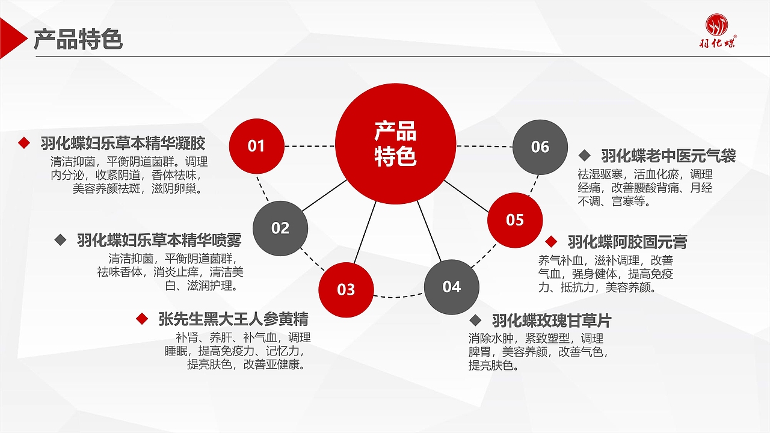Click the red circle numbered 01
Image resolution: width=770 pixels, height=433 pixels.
(x=257, y=146)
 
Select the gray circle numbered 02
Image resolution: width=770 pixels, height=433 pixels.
(x=280, y=228)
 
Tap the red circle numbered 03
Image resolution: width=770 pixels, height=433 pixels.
(x=346, y=289)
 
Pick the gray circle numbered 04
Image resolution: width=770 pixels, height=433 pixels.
(x=451, y=287)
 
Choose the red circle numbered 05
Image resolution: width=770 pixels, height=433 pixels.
(x=514, y=220)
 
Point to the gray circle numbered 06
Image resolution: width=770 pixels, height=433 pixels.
(x=540, y=147)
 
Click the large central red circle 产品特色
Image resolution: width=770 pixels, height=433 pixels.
(x=395, y=144)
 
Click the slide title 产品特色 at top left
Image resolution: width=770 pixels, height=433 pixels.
(x=78, y=39)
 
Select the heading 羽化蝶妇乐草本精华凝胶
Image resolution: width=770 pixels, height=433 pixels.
(x=123, y=143)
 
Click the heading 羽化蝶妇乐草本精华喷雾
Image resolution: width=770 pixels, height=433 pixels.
(x=159, y=241)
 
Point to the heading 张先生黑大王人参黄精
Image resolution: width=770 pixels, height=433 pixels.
(x=233, y=318)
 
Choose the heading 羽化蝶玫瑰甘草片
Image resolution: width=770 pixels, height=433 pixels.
(x=551, y=320)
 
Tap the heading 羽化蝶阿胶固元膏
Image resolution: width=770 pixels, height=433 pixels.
(x=627, y=242)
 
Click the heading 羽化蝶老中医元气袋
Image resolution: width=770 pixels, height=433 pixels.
(x=668, y=156)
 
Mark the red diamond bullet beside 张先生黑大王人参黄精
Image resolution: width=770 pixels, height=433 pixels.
(x=142, y=319)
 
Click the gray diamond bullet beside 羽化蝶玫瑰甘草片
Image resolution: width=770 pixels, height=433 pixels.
(x=475, y=320)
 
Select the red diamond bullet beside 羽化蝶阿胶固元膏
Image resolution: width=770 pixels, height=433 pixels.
(x=551, y=242)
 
